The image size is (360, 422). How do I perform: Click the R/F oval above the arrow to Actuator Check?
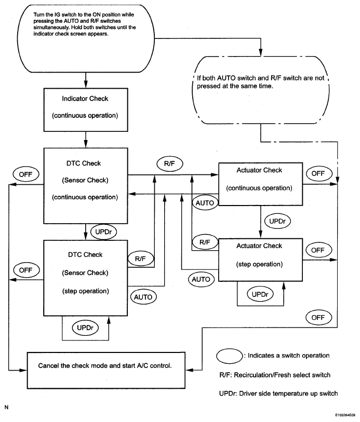pyautogui.click(x=170, y=164)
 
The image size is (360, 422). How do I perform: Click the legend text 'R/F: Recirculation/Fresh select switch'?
pyautogui.click(x=275, y=375)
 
